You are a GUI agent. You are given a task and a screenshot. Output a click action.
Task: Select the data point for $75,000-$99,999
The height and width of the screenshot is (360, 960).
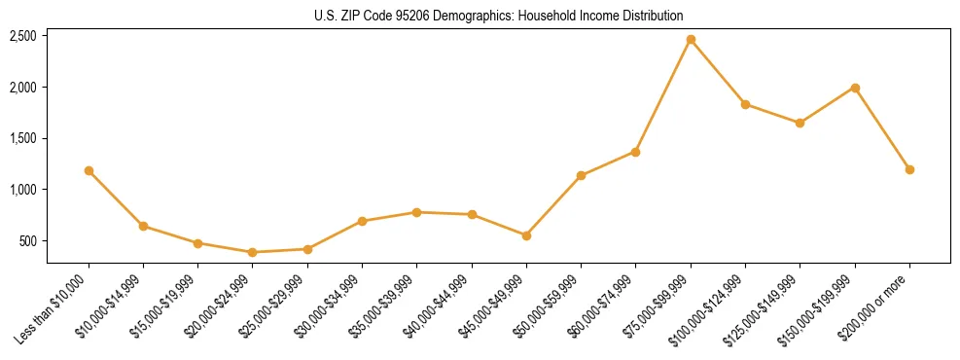(x=691, y=40)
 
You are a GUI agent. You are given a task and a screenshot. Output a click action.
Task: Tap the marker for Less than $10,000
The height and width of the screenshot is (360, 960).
(x=89, y=170)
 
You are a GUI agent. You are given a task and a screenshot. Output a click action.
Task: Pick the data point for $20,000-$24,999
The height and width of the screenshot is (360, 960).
(x=253, y=252)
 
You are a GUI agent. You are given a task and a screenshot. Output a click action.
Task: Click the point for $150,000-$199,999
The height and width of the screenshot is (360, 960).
(x=855, y=88)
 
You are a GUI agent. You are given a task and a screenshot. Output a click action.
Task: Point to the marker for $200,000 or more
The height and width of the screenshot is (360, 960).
(x=909, y=169)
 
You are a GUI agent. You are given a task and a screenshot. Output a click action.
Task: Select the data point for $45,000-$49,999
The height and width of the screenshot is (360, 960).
(x=526, y=235)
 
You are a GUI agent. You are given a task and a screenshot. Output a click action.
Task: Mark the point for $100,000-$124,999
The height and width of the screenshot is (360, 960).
(x=745, y=104)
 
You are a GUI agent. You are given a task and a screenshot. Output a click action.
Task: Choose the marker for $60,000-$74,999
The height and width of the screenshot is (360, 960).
(x=635, y=152)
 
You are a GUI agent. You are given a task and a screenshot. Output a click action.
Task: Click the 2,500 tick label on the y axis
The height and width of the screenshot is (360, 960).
(x=23, y=36)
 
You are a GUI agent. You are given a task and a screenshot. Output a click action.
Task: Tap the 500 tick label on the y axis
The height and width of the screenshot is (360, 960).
(x=28, y=241)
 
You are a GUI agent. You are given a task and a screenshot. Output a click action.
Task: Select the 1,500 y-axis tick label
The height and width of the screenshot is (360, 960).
(x=23, y=138)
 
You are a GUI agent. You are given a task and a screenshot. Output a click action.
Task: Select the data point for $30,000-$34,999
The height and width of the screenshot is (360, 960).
(x=362, y=221)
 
